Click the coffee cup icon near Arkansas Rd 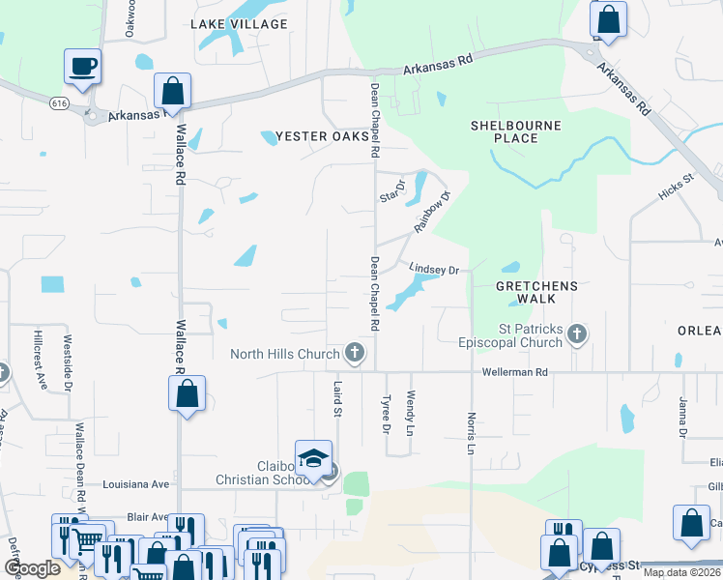(83, 67)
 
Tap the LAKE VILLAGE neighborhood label (239, 23)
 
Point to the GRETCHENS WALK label (536, 293)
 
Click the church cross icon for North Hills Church (355, 354)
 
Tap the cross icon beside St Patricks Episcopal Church (577, 335)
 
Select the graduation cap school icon (313, 458)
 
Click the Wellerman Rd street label (515, 372)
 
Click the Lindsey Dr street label (433, 270)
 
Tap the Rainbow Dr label (432, 212)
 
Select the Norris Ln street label (473, 434)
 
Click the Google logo (32, 567)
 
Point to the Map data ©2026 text (680, 572)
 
